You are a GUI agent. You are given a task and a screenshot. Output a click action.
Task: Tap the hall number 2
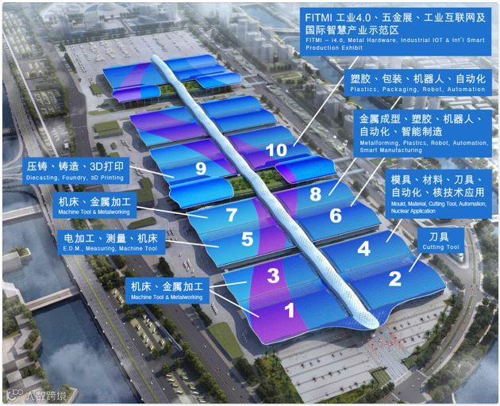point(394,278)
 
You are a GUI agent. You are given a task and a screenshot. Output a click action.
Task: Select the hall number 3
point(272,276)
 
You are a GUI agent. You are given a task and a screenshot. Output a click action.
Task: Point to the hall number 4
point(363,248)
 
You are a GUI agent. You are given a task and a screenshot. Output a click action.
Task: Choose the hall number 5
point(247,239)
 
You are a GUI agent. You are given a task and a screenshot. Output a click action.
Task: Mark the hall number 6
point(335,215)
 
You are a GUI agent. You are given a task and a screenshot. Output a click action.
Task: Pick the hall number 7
point(232,214)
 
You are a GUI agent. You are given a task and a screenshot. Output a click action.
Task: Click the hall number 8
point(315,193)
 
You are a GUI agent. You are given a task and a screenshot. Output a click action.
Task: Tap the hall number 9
point(200,168)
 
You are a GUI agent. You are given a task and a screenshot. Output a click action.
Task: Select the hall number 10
point(276,149)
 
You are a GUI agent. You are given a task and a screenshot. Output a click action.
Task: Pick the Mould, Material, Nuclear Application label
point(435,193)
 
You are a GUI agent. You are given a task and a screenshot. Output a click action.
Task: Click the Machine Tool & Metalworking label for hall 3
point(167,290)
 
